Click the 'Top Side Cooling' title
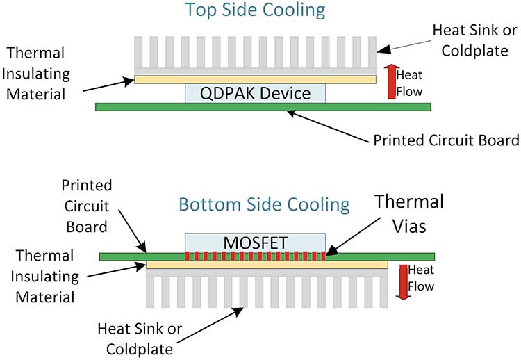click(255, 10)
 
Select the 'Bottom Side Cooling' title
click(264, 204)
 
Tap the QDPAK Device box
click(255, 93)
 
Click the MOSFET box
click(255, 243)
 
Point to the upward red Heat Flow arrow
click(392, 81)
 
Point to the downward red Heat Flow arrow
click(403, 282)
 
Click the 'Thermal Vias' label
click(409, 214)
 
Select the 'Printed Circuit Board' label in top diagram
click(446, 140)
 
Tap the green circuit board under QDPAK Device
click(263, 107)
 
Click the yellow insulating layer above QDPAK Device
click(255, 79)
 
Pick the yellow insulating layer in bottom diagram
click(267, 265)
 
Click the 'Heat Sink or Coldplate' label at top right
click(475, 40)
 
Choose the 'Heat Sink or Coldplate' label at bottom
click(140, 338)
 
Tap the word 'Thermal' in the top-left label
click(35, 53)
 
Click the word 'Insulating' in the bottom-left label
click(45, 277)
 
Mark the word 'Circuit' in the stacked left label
click(87, 206)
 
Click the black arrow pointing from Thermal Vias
click(353, 237)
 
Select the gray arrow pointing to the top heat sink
click(404, 47)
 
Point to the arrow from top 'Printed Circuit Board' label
click(328, 126)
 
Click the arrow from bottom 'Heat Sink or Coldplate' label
click(210, 325)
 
